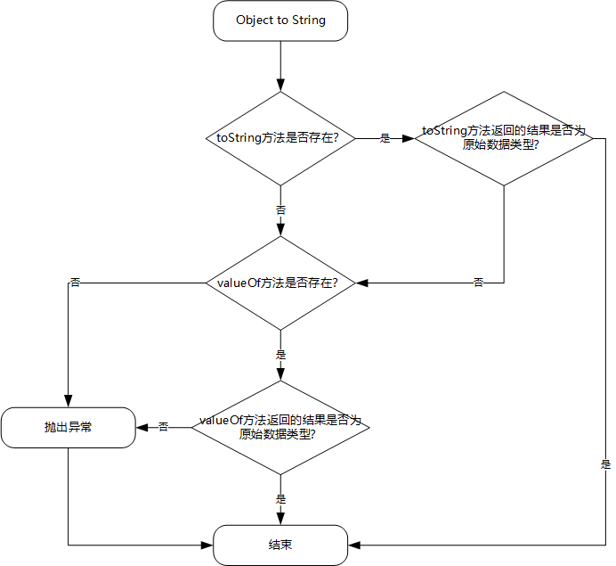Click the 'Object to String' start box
pyautogui.click(x=280, y=21)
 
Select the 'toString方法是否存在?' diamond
pyautogui.click(x=280, y=138)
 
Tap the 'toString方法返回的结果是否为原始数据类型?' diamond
pyautogui.click(x=504, y=138)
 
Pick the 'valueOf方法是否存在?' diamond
pyautogui.click(x=280, y=283)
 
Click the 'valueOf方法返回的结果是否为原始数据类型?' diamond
pyautogui.click(x=280, y=428)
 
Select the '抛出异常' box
pyautogui.click(x=69, y=428)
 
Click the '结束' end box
pyautogui.click(x=280, y=545)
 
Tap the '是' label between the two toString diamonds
pyautogui.click(x=385, y=138)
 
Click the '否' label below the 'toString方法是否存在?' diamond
pyautogui.click(x=280, y=210)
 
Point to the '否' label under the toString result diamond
pyautogui.click(x=478, y=283)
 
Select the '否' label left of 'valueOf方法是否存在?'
pyautogui.click(x=75, y=283)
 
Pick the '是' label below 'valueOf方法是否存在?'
pyautogui.click(x=280, y=355)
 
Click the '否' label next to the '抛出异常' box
pyautogui.click(x=164, y=427)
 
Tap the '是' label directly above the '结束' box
pyautogui.click(x=280, y=499)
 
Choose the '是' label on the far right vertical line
pyautogui.click(x=605, y=464)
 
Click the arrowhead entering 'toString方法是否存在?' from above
pyautogui.click(x=280, y=86)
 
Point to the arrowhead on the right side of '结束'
pyautogui.click(x=354, y=545)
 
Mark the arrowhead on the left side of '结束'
pyautogui.click(x=207, y=545)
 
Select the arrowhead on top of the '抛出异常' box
pyautogui.click(x=69, y=402)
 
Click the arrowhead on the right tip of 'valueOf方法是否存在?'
pyautogui.click(x=361, y=283)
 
